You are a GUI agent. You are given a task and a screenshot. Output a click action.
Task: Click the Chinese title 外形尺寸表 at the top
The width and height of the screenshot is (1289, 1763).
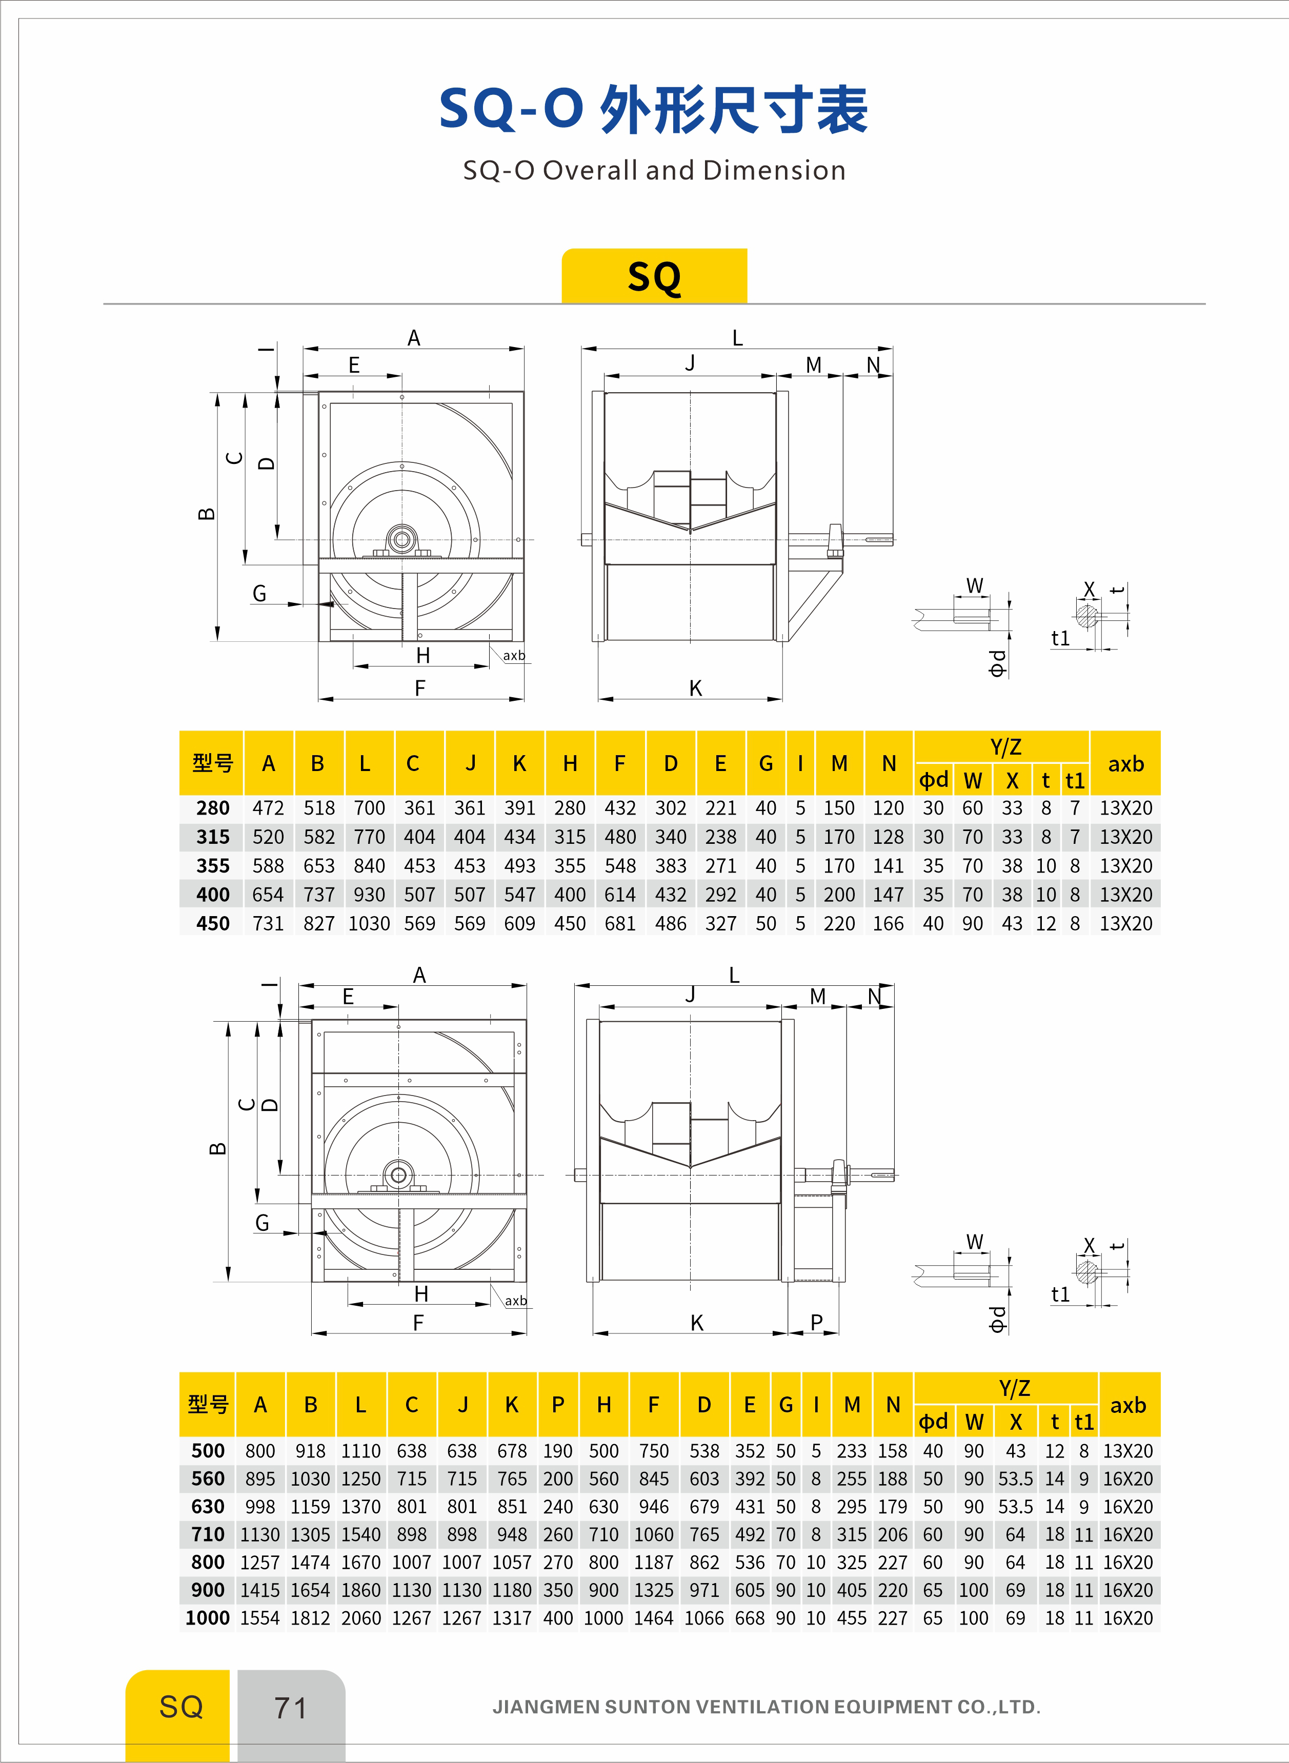point(733,109)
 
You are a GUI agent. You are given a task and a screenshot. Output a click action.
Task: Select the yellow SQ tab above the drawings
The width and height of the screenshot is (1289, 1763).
point(654,276)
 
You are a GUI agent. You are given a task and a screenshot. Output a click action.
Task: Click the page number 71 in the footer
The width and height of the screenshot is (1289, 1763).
point(290,1708)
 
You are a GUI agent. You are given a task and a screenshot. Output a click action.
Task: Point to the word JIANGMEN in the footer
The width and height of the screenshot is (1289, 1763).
point(546,1707)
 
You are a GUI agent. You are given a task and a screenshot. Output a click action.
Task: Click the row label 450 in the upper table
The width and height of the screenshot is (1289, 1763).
point(212,924)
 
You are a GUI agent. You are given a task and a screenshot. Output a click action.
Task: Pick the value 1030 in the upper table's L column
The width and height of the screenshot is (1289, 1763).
point(369,924)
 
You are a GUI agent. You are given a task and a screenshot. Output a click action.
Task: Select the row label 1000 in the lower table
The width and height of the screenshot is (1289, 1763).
point(208,1618)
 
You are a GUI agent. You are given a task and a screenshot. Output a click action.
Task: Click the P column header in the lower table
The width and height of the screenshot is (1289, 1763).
point(558,1405)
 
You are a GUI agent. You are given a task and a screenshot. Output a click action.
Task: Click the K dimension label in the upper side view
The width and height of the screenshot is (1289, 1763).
point(695,688)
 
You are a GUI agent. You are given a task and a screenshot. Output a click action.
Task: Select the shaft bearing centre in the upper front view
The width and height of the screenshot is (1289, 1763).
point(402,539)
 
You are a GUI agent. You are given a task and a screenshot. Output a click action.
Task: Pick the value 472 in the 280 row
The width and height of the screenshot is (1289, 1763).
point(268,808)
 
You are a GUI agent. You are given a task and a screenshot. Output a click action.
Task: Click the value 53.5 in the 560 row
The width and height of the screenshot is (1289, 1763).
point(1015,1479)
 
